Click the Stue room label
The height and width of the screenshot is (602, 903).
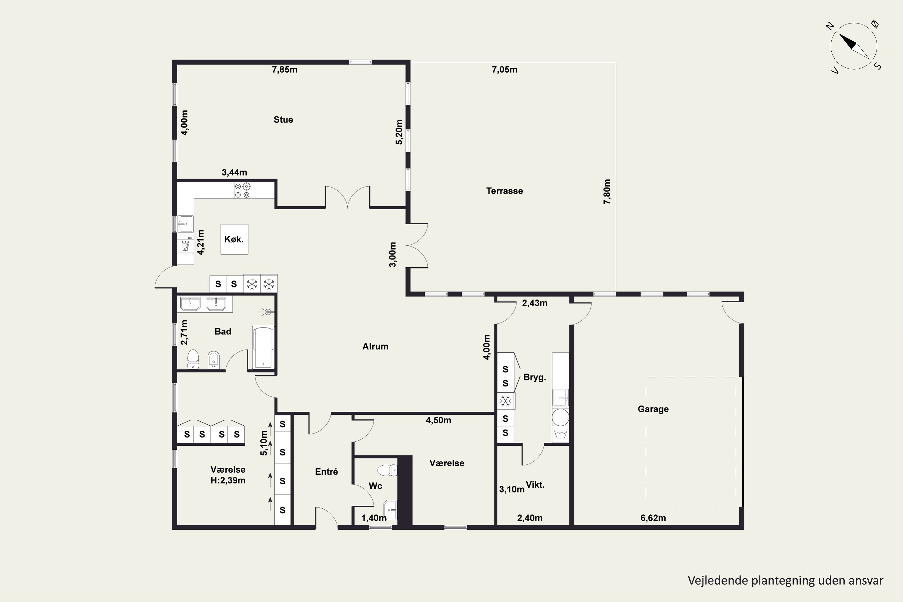point(283,119)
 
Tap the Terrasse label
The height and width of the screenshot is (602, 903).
point(504,191)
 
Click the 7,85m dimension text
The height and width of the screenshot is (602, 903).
point(284,70)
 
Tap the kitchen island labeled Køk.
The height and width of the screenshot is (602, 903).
point(234,239)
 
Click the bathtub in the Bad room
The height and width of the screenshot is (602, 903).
point(263,347)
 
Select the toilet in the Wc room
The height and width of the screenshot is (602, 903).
point(387,470)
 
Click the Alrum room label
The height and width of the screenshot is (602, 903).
point(375,346)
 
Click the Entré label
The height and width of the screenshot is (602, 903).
point(326,471)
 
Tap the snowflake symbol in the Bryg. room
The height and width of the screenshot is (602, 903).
point(505,401)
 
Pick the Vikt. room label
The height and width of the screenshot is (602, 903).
point(535,485)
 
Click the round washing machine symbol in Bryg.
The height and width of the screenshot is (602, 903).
point(560,417)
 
